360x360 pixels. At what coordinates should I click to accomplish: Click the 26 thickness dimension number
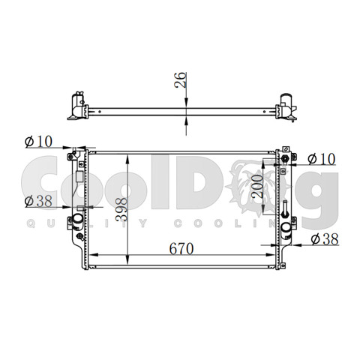180,79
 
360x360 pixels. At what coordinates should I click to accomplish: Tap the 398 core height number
121,209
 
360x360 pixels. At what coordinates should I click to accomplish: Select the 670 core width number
181,248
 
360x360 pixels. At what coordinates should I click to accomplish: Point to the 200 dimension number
257,187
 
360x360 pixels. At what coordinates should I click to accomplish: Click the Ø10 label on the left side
38,142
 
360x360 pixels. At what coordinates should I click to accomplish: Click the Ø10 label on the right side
322,159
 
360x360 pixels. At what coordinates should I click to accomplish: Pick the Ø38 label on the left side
38,201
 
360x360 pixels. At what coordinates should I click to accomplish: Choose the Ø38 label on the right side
325,239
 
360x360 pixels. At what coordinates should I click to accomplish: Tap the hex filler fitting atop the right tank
284,158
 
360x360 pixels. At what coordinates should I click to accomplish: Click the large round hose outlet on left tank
77,218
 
